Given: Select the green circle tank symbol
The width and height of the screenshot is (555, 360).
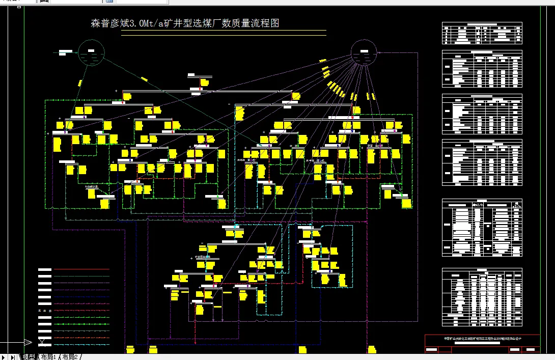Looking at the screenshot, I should (91, 53).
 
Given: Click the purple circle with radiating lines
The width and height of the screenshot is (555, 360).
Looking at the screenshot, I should (364, 53).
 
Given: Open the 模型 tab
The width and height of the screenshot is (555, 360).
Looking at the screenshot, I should (29, 356).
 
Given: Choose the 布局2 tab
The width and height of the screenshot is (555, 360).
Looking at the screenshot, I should (70, 356).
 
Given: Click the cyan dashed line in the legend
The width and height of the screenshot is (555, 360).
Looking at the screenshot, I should (81, 345).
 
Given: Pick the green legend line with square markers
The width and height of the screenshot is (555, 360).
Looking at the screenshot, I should (81, 317).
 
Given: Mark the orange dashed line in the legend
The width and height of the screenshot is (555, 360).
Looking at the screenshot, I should (81, 338).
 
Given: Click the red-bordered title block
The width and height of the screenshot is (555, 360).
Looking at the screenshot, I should (482, 343).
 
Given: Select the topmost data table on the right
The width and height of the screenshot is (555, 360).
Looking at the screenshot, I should (482, 34).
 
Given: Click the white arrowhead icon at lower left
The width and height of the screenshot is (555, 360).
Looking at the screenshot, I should (43, 342).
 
